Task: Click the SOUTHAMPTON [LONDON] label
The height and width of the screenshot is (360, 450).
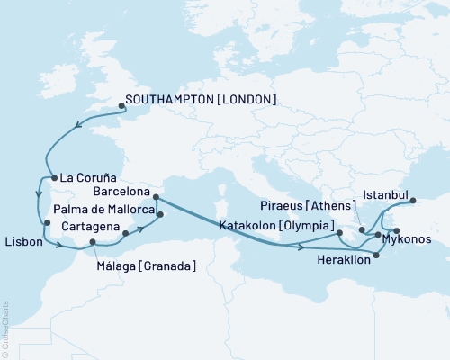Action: pos(201,99)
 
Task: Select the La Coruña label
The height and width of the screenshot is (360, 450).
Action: pos(86,177)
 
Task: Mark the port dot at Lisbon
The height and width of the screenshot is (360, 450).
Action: pos(47,223)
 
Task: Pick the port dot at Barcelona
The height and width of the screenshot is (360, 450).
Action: pos(156,195)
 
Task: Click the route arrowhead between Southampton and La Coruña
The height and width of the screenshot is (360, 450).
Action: pos(76,126)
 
